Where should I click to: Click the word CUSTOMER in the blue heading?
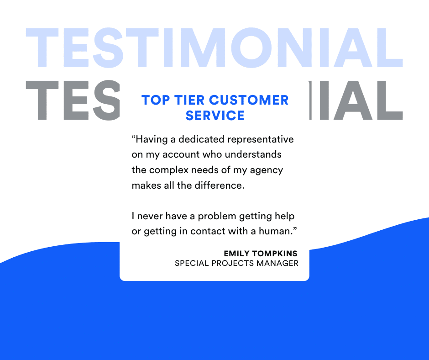(249, 100)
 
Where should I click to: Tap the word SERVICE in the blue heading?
(215, 115)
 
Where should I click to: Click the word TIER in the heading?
(189, 100)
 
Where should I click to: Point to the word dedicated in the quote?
(201, 139)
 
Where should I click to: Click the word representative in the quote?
(261, 139)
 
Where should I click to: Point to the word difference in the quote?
(220, 185)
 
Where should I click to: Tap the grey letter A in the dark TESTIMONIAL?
(352, 100)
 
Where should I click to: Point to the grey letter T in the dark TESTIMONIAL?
(42, 100)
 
